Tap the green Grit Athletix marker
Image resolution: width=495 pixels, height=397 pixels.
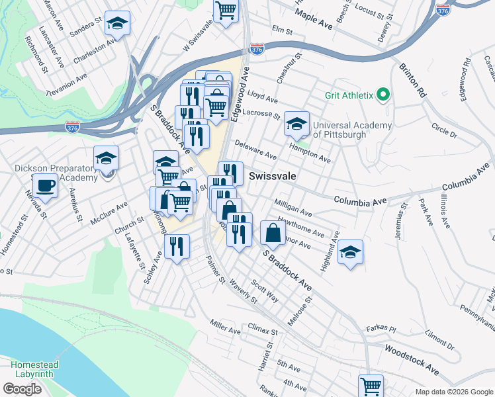click(x=382, y=95)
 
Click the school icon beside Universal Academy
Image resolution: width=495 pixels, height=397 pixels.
click(x=296, y=122)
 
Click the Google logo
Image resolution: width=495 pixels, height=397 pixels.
click(x=22, y=389)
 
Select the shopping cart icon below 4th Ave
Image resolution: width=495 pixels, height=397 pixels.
click(x=371, y=385)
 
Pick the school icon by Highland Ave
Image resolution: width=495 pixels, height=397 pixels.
click(x=350, y=252)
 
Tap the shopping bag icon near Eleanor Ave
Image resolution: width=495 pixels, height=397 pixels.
click(x=273, y=232)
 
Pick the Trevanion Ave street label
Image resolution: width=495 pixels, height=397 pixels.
click(x=67, y=86)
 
